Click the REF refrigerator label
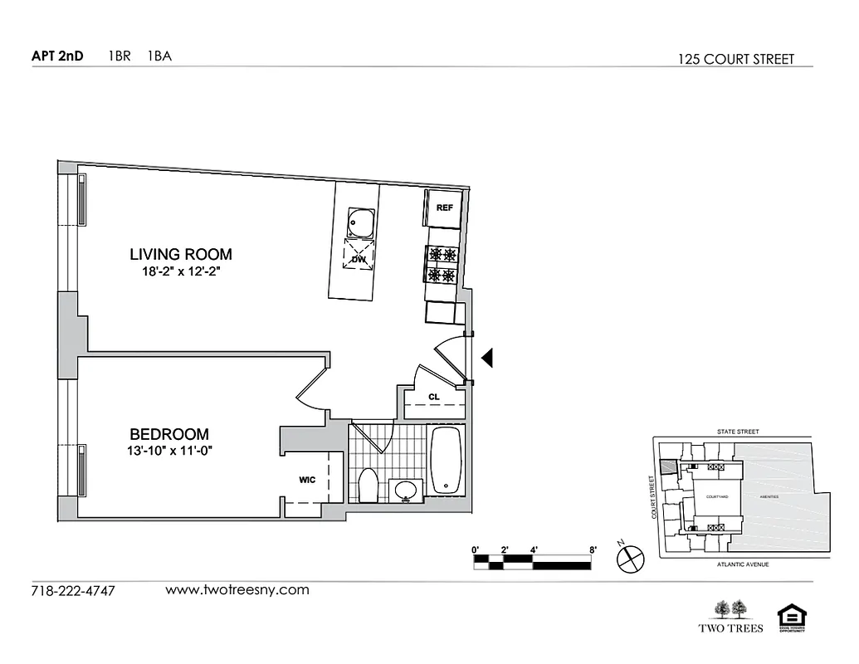[x=445, y=207]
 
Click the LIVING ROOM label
[x=181, y=254]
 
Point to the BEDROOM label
[x=169, y=434]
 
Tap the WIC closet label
[x=308, y=480]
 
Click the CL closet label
[x=434, y=397]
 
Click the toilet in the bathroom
[x=368, y=486]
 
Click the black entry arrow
[x=488, y=357]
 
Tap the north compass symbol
[x=630, y=557]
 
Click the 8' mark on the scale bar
[x=593, y=549]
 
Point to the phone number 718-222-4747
[x=72, y=592]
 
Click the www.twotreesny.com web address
[x=237, y=590]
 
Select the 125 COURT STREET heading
[x=735, y=59]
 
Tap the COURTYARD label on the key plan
[x=716, y=496]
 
